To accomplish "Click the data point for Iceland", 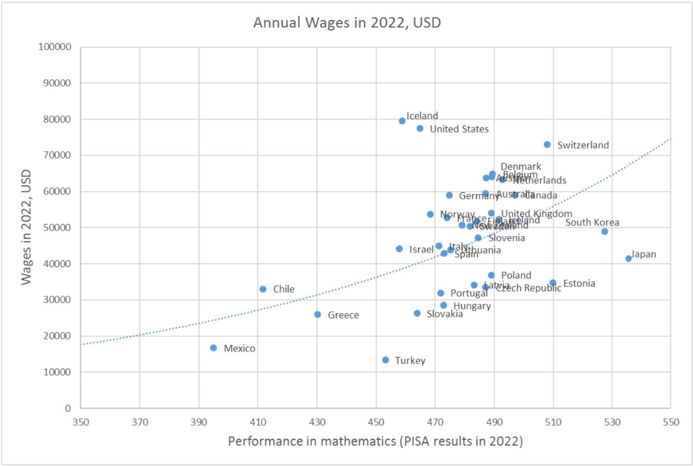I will [402, 121].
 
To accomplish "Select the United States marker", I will [420, 129].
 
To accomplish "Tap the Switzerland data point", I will [547, 145].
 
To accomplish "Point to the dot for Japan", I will [629, 259].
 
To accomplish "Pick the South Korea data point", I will [604, 232].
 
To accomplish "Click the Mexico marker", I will [213, 348].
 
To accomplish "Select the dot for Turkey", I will [386, 360].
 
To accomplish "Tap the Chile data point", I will [263, 289].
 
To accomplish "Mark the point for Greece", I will [317, 315].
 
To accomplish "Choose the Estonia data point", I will [553, 283].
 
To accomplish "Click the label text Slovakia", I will [445, 314].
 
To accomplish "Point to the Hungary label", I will [472, 306].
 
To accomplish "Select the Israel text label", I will [421, 249].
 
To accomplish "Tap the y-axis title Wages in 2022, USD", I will [26, 227].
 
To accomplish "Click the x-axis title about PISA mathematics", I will [376, 442].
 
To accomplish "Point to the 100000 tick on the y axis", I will [55, 47].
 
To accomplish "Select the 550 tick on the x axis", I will [670, 421].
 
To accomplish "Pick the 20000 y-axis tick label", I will [58, 336].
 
